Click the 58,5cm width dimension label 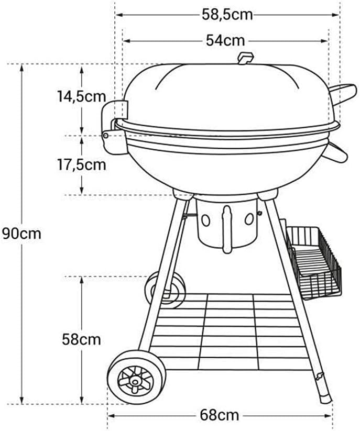click(227, 15)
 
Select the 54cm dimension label click(225, 41)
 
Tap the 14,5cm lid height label click(82, 96)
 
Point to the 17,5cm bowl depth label click(82, 164)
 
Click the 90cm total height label click(21, 234)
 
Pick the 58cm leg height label click(81, 339)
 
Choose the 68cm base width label click(219, 415)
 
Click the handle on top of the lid click(245, 58)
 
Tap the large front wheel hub click(135, 381)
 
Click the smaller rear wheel click(165, 289)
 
